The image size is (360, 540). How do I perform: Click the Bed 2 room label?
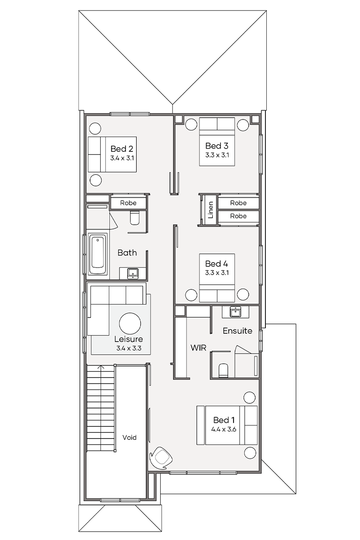[121, 149]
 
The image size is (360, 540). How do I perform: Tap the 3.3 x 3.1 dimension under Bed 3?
[217, 155]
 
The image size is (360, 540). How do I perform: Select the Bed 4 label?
[216, 264]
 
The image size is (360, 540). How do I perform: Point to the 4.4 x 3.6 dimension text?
[224, 429]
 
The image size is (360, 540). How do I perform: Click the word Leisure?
[128, 339]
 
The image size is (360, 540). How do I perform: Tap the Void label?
[130, 438]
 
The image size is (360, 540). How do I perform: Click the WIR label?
[198, 348]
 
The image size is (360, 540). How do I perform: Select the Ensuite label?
[237, 330]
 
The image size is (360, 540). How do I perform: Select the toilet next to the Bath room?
[135, 218]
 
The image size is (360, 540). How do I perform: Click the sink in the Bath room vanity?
[132, 273]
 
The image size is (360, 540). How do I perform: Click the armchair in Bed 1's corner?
[161, 458]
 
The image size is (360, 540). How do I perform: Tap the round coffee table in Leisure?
[130, 324]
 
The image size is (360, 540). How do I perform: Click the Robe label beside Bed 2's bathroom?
[128, 203]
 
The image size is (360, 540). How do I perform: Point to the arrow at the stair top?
[101, 368]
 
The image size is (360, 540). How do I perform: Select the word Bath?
[127, 252]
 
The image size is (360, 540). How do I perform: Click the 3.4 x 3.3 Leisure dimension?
[129, 348]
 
